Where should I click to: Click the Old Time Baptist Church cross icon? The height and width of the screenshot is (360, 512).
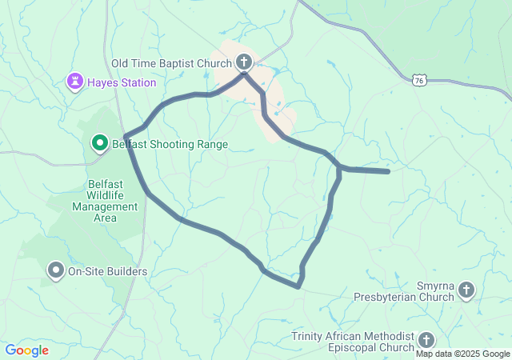pos(244,62)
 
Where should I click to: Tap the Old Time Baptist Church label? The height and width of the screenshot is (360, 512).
pos(171,62)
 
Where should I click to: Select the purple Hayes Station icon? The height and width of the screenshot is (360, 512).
pos(74,82)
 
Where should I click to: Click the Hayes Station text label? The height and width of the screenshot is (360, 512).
pos(122,82)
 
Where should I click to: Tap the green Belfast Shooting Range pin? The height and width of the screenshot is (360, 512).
pos(100,144)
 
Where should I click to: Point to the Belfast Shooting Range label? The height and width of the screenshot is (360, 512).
pos(170,145)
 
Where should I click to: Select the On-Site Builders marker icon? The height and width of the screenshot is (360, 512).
pos(56,271)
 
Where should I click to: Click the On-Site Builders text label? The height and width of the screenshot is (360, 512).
pos(107,272)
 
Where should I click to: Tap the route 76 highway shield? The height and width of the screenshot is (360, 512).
pos(421,80)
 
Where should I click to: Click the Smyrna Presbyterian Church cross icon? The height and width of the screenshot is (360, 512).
pos(466,290)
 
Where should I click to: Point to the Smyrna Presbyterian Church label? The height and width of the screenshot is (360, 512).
pos(413,291)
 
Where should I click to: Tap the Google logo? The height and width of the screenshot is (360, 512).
pos(26,350)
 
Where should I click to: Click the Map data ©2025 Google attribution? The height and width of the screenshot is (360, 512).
pos(462,354)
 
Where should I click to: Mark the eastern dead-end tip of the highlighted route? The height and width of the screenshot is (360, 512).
pos(388,171)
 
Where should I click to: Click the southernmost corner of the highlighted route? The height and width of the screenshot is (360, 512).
pos(298,286)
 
